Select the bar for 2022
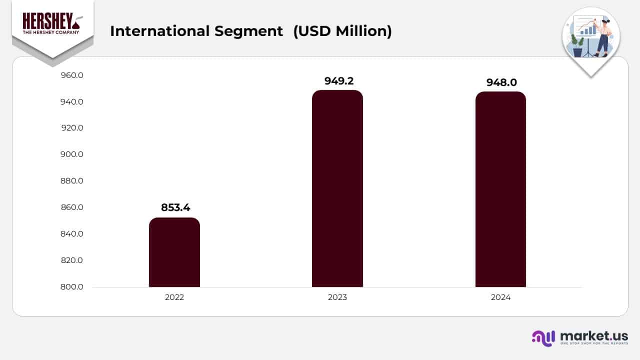coord(174,252)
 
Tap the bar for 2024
coord(500,189)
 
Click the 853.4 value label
coord(175,207)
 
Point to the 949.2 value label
coord(342,81)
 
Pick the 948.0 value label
coord(501,82)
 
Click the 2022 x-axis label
coord(174,297)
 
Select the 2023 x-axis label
coord(337,297)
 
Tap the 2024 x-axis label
coord(500,297)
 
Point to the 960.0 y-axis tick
coord(72,75)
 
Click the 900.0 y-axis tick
coord(72,154)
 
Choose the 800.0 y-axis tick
coord(72,287)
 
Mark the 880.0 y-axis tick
coord(72,181)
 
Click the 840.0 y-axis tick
coord(72,234)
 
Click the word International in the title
coord(159,31)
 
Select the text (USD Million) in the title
coord(342,31)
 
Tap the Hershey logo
coord(52,24)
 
